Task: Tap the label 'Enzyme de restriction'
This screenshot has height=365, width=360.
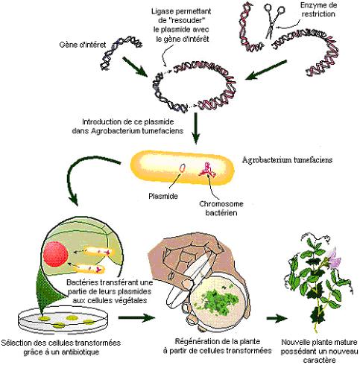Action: [318, 10]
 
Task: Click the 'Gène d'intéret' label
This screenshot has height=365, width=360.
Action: [83, 45]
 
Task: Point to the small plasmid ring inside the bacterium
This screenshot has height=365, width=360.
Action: [182, 168]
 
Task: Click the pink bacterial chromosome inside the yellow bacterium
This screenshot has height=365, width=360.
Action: [206, 170]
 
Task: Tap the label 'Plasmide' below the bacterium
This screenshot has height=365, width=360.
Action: [163, 196]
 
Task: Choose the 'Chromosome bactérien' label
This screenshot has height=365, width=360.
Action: [221, 208]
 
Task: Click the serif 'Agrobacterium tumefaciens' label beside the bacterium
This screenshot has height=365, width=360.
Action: [287, 159]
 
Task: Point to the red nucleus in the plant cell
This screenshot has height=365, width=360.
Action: [55, 256]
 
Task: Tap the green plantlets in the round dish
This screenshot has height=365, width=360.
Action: [218, 301]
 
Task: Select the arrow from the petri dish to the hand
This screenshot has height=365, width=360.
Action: [136, 317]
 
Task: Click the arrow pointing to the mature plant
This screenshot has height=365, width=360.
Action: [277, 319]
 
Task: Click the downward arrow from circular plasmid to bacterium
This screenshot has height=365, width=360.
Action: [196, 128]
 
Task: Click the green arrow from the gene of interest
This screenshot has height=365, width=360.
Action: [136, 66]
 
